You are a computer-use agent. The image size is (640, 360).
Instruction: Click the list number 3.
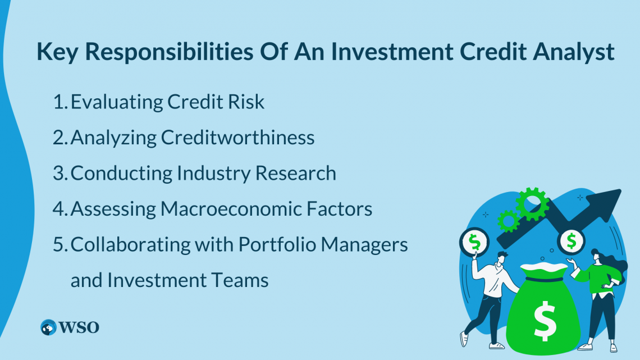[59, 173]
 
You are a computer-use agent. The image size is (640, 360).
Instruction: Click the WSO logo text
[80, 327]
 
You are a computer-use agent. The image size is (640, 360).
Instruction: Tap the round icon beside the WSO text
[49, 327]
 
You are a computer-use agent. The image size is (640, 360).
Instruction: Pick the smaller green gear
[508, 221]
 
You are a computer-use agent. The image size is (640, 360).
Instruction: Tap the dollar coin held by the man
[475, 243]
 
